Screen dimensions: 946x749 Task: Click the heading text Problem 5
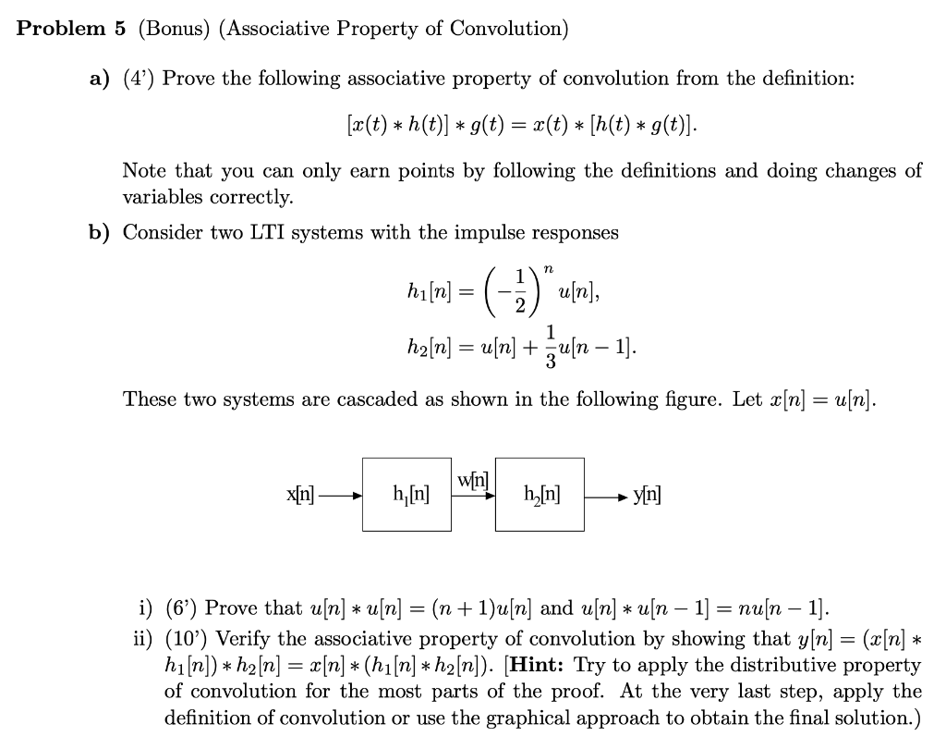[71, 29]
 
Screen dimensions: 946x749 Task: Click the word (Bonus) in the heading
[175, 29]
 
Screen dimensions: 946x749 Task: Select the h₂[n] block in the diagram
[539, 494]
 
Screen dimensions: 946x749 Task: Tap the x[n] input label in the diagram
[301, 495]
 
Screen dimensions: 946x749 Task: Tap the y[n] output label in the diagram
[647, 496]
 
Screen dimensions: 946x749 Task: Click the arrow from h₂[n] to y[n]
[607, 496]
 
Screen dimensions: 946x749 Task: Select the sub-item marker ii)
[143, 639]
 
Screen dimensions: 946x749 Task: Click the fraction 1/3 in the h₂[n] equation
[552, 341]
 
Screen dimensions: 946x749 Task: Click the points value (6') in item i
[181, 608]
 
